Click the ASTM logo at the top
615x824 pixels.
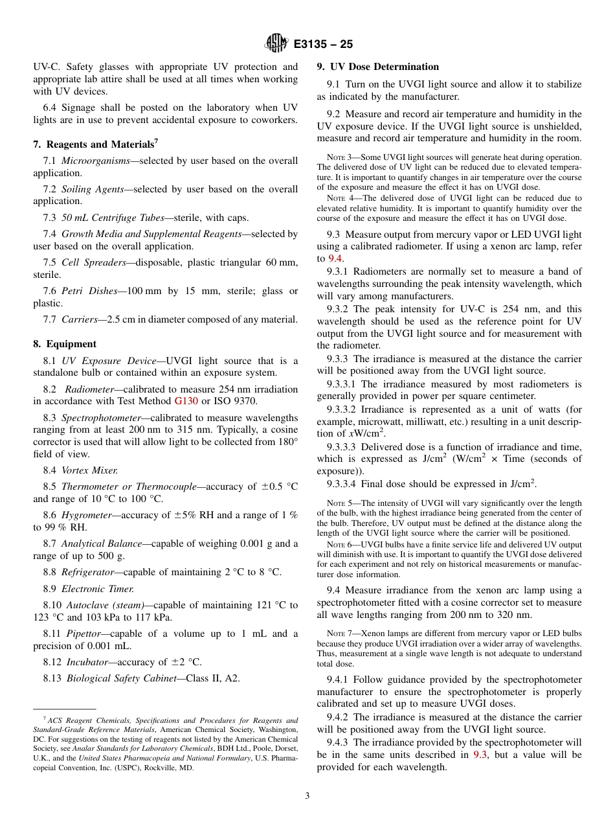click(276, 44)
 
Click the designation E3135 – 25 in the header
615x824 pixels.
click(322, 45)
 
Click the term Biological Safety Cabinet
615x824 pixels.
click(121, 678)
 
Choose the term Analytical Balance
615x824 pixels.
click(98, 544)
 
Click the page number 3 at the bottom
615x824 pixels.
click(307, 796)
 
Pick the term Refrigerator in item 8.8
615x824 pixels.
click(89, 572)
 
